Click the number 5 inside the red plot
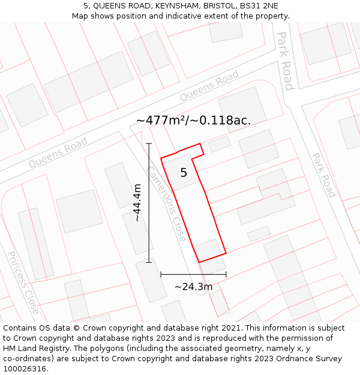184,173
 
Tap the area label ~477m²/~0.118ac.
193,120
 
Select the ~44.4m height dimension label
137,203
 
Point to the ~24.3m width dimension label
193,286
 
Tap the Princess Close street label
23,283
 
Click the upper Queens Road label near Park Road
209,86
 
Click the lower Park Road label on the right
323,175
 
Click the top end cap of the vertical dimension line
149,143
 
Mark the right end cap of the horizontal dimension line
226,274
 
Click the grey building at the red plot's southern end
208,250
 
